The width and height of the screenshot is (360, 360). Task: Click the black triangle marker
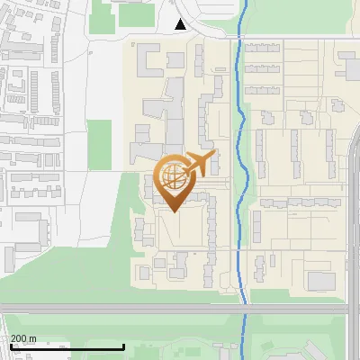(181, 24)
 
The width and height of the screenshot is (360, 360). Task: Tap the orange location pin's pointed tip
(173, 210)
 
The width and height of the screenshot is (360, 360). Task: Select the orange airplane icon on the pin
(200, 163)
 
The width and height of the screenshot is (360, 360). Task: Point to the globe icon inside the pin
(171, 176)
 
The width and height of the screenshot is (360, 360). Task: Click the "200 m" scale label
(24, 338)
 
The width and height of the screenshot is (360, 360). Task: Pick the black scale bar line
(67, 347)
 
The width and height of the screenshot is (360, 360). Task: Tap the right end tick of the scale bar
(123, 346)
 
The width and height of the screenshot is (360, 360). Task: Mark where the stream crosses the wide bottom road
(244, 309)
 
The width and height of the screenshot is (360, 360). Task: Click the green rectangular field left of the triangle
(135, 13)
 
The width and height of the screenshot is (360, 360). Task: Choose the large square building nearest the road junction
(321, 281)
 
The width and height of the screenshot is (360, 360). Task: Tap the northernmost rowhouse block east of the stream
(264, 46)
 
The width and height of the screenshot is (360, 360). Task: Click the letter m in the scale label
(33, 338)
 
